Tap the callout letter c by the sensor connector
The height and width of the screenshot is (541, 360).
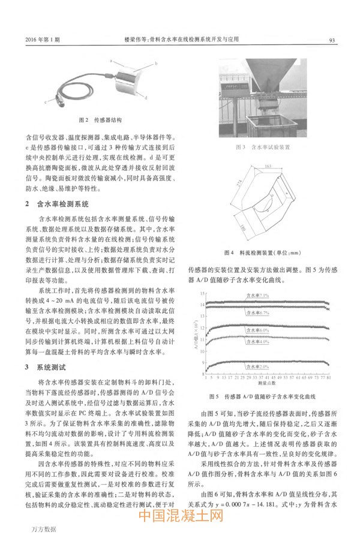point(46,103)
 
